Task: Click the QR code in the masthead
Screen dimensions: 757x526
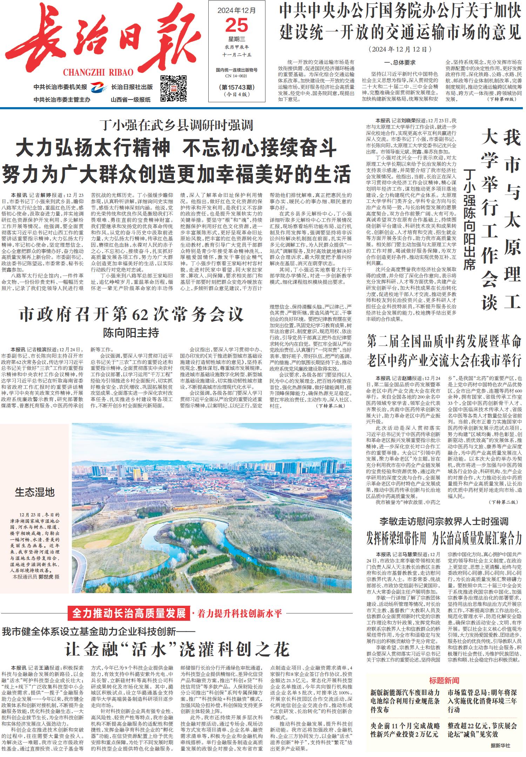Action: (x=173, y=88)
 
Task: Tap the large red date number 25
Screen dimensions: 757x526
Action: (x=236, y=26)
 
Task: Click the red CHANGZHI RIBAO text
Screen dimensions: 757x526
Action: (x=98, y=72)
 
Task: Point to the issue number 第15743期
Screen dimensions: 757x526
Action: (x=236, y=87)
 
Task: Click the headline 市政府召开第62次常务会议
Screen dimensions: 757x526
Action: (x=131, y=314)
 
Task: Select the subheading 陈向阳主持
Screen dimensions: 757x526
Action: (x=131, y=333)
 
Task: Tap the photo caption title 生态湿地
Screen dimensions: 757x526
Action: (x=35, y=492)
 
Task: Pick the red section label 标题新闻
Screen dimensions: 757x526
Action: (x=444, y=680)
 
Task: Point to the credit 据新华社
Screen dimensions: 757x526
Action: (x=500, y=745)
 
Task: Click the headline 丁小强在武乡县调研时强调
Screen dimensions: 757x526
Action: (x=176, y=125)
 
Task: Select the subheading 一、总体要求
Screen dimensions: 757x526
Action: (x=400, y=62)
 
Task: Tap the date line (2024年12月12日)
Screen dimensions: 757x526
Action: (x=400, y=49)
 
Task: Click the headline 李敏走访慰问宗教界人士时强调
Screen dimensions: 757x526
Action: (x=444, y=521)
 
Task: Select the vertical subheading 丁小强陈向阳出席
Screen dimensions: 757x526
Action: (x=469, y=219)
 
